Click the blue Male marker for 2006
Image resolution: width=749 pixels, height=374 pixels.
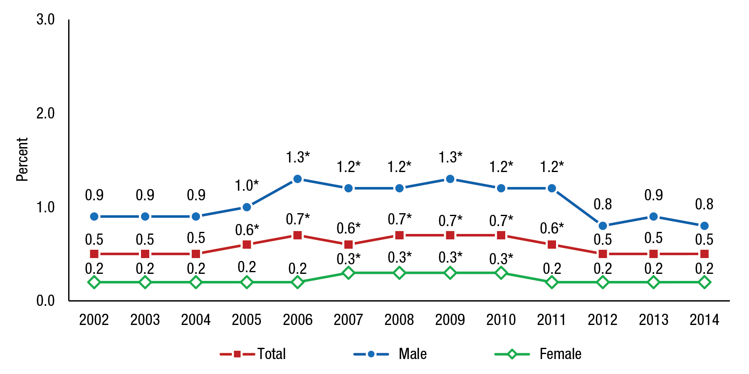pyautogui.click(x=297, y=179)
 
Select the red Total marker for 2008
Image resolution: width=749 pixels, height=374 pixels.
pyautogui.click(x=399, y=235)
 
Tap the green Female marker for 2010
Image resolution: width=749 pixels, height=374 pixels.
pyautogui.click(x=501, y=273)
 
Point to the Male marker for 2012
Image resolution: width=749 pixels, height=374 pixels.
pyautogui.click(x=603, y=226)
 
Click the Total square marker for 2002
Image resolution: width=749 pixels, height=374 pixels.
pyautogui.click(x=94, y=254)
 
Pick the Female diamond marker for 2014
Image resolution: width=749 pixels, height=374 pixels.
pyautogui.click(x=704, y=283)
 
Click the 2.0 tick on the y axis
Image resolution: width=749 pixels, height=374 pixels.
pyautogui.click(x=45, y=113)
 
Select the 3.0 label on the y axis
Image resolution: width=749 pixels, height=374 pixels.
pyautogui.click(x=45, y=19)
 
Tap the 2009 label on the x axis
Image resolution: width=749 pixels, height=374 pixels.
pyautogui.click(x=450, y=320)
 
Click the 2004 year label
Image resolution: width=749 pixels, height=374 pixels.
pyautogui.click(x=196, y=320)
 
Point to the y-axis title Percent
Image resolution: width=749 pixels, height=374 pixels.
pyautogui.click(x=22, y=160)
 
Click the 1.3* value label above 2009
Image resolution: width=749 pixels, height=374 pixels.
pyautogui.click(x=450, y=157)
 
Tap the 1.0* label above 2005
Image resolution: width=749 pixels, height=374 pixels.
pyautogui.click(x=247, y=185)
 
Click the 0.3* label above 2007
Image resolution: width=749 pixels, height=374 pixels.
pyautogui.click(x=349, y=259)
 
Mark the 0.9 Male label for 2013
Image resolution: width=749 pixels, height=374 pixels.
pyautogui.click(x=653, y=195)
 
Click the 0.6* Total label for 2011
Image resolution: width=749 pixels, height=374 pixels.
pyautogui.click(x=552, y=228)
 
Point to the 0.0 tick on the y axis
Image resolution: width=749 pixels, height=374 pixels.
pyautogui.click(x=45, y=300)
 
